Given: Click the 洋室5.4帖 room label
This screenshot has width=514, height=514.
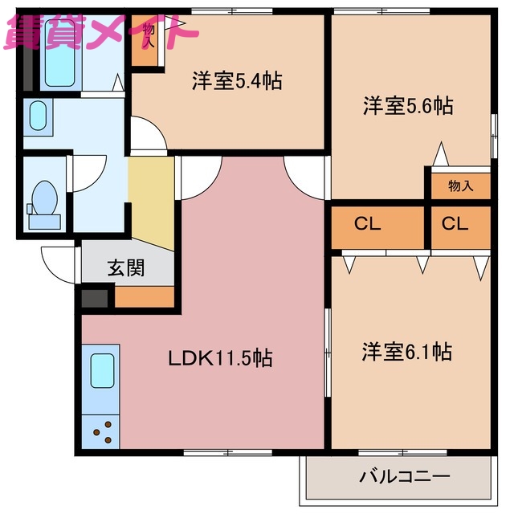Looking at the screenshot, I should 235,81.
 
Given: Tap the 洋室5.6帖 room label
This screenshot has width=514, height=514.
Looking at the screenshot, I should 407,105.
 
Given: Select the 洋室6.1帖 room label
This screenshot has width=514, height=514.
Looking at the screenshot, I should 406,352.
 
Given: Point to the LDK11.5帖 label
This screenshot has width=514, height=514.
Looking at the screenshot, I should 219,358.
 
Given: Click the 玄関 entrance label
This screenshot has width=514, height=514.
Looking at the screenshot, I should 126,268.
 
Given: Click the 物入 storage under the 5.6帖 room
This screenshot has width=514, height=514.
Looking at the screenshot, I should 460,186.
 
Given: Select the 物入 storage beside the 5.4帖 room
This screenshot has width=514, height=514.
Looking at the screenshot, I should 146,39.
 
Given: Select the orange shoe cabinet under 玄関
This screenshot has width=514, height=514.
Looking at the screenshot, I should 145,297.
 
